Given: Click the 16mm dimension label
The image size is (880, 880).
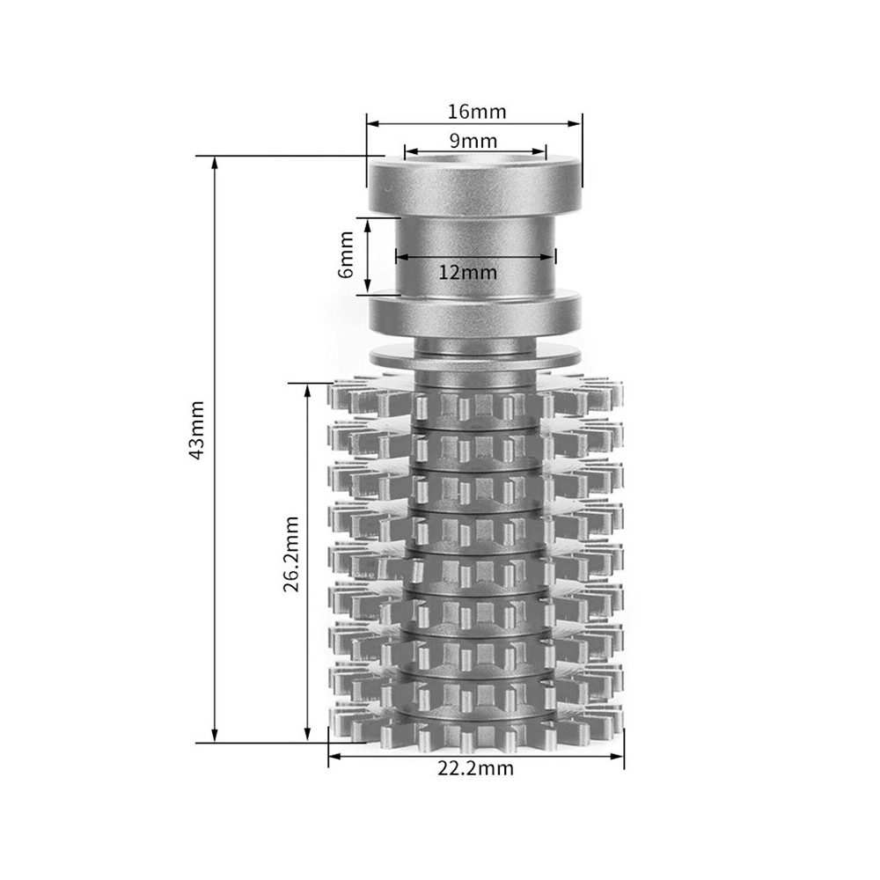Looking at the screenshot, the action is pyautogui.click(x=476, y=112).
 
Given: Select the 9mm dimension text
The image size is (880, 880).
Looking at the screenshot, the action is pyautogui.click(x=473, y=140).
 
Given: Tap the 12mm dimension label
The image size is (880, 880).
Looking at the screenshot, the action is pyautogui.click(x=467, y=273).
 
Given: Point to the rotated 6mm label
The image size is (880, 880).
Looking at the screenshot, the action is pyautogui.click(x=346, y=254).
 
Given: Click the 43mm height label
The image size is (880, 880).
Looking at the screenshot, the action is pyautogui.click(x=196, y=430).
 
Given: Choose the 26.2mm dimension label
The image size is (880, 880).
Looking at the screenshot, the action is pyautogui.click(x=291, y=555).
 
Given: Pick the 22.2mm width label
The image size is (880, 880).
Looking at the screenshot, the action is pyautogui.click(x=475, y=768).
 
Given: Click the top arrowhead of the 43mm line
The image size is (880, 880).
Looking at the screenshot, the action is pyautogui.click(x=215, y=163).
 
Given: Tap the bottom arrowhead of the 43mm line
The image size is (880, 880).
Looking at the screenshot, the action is pyautogui.click(x=215, y=735).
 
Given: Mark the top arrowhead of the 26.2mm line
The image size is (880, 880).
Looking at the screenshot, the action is pyautogui.click(x=307, y=391).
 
